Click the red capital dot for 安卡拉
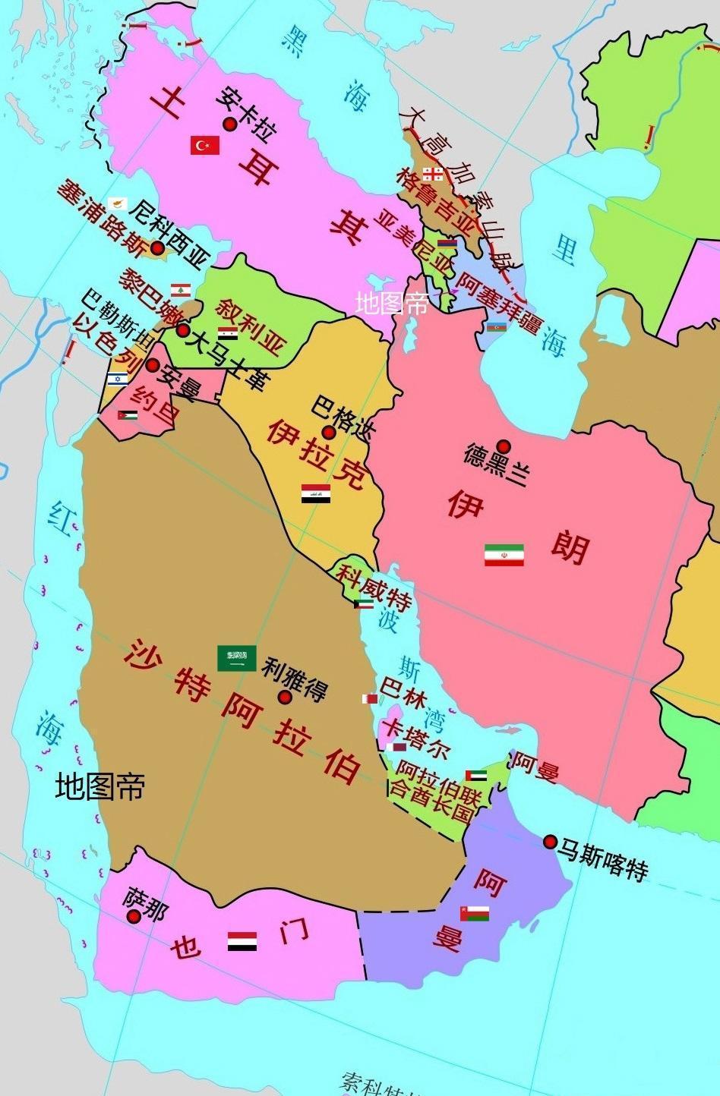pyautogui.click(x=228, y=124)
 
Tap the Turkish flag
pyautogui.click(x=204, y=144)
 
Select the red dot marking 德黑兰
pyautogui.click(x=503, y=446)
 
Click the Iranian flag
pyautogui.click(x=504, y=555)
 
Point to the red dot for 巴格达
pyautogui.click(x=329, y=433)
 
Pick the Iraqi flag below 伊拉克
pyautogui.click(x=315, y=494)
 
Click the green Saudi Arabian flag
pyautogui.click(x=236, y=658)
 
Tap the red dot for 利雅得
pyautogui.click(x=285, y=697)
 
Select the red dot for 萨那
pyautogui.click(x=134, y=916)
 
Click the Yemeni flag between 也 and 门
pyautogui.click(x=242, y=941)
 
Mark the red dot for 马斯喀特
pyautogui.click(x=550, y=842)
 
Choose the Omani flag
pyautogui.click(x=474, y=913)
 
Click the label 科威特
pyautogui.click(x=374, y=586)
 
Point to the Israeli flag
pyautogui.click(x=117, y=379)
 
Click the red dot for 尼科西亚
pyautogui.click(x=157, y=247)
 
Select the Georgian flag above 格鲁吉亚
pyautogui.click(x=433, y=174)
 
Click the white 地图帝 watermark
pyautogui.click(x=391, y=304)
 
